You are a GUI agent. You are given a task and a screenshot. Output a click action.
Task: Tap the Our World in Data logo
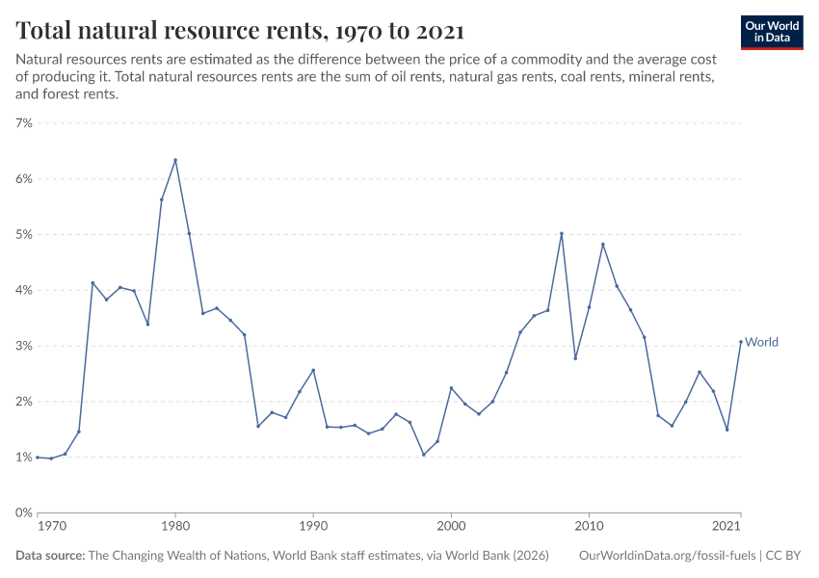pos(771,32)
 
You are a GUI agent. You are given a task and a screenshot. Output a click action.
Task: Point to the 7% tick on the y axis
pos(24,123)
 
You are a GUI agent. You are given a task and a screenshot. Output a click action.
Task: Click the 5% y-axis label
pos(24,235)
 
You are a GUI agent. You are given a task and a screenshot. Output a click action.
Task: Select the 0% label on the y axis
pos(24,512)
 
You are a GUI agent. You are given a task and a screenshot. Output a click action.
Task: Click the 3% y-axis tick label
pos(24,346)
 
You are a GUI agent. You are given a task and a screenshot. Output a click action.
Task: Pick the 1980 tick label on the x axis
pos(175,527)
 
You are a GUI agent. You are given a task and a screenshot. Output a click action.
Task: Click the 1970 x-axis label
pos(52,527)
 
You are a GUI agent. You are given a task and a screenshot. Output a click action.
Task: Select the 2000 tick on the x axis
pos(451,527)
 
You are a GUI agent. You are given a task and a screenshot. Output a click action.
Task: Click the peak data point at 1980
pos(175,160)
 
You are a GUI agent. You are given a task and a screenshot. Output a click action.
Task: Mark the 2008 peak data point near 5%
pos(562,233)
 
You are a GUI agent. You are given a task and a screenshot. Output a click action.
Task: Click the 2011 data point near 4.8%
pos(603,244)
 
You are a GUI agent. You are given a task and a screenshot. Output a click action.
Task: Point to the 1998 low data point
pos(424,455)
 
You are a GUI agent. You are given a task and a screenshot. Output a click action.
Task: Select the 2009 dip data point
pos(575,358)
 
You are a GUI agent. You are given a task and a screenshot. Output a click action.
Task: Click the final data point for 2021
pos(741,342)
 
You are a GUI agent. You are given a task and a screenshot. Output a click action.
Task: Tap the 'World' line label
pos(761,342)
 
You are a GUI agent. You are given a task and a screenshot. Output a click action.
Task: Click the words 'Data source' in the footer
pos(50,556)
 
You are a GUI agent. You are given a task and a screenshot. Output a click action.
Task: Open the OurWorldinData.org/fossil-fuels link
pos(668,556)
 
